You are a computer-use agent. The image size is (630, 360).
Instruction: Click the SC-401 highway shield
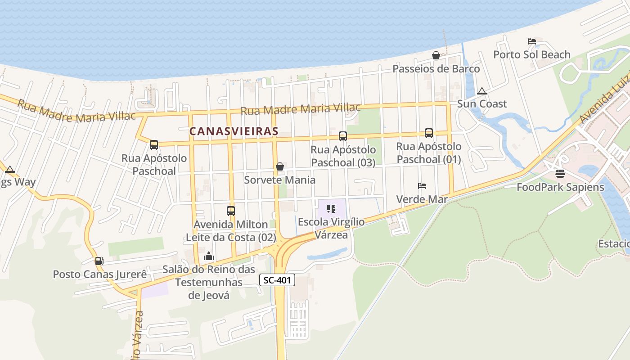(277, 280)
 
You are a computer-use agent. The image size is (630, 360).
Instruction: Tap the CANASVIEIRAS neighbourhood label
(234, 131)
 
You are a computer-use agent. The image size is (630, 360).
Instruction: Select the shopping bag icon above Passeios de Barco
(436, 55)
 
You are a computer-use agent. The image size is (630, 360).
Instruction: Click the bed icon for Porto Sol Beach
(532, 41)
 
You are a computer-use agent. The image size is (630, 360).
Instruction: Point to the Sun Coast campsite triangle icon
(482, 91)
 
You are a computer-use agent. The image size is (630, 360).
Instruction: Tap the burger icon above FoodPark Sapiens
(560, 173)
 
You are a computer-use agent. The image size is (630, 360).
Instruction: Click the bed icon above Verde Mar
(422, 185)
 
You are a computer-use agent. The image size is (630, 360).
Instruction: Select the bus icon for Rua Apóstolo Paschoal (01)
(428, 133)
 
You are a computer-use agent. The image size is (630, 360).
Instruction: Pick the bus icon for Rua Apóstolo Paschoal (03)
(343, 136)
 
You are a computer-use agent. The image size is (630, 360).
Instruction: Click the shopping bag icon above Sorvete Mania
(279, 166)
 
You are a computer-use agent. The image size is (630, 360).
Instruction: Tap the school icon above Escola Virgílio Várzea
(331, 208)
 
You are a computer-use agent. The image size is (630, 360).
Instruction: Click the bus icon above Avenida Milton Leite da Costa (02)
(230, 211)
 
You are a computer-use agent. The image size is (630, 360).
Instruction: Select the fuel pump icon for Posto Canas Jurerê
(99, 261)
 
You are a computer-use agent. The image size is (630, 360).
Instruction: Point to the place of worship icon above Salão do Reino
(209, 256)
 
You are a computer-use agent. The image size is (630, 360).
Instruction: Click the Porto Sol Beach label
(531, 54)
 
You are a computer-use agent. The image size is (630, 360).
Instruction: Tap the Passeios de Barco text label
(436, 69)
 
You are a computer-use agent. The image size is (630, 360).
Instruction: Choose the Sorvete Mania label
(279, 180)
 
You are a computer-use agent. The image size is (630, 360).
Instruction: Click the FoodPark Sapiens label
(560, 187)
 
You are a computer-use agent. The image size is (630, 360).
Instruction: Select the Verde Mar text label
(422, 199)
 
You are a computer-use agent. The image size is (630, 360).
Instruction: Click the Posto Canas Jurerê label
(100, 274)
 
